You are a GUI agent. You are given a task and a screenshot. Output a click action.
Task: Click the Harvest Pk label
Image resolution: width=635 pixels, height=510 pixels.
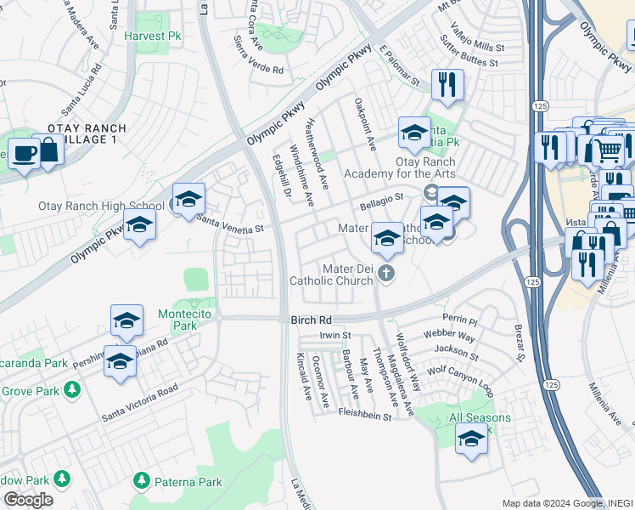tap(154, 37)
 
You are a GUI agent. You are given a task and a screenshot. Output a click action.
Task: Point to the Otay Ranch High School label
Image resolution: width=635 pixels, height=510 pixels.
tap(101, 206)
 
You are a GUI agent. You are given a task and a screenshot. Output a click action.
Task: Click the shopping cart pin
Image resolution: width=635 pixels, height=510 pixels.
tap(604, 151)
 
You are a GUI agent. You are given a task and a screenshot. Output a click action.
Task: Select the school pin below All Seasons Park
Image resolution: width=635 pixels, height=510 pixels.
tap(471, 440)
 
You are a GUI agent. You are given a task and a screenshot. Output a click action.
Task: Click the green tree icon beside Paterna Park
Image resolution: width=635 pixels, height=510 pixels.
tap(141, 482)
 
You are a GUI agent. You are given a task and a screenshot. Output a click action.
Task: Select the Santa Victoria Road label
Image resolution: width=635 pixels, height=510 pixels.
tap(140, 403)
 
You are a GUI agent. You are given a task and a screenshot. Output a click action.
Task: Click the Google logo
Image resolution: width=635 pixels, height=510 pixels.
tap(27, 500)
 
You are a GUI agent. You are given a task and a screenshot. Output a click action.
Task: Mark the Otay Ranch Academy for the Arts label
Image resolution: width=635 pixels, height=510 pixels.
tap(399, 168)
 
